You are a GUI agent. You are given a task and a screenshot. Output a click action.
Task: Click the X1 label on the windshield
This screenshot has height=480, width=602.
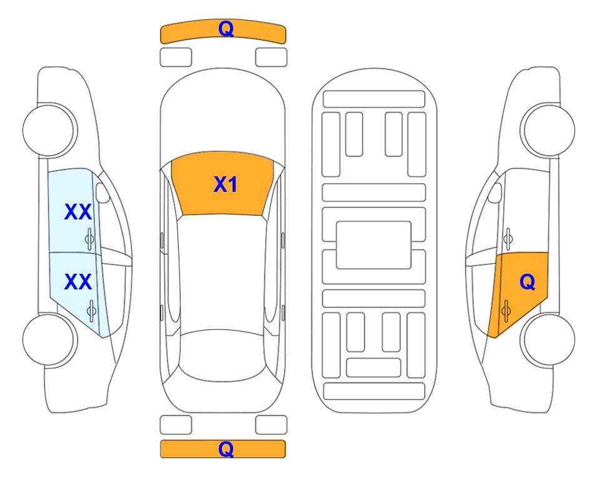coord(226,184)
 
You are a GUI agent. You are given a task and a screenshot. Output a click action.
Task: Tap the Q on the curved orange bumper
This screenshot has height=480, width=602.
coord(226,29)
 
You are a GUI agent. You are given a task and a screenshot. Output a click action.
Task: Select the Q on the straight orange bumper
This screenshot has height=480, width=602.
coord(226,449)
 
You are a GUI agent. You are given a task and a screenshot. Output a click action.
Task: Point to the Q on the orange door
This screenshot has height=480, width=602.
coord(527,282)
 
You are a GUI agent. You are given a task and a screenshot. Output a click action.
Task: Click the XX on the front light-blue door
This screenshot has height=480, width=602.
coord(78,212)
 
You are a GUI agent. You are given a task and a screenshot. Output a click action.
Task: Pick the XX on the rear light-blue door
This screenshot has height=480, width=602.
coord(78,282)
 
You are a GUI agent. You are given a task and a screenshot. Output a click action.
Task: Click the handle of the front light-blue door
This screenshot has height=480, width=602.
coord(90,239)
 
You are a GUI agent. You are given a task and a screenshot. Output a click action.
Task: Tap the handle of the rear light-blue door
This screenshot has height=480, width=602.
coord(91,311)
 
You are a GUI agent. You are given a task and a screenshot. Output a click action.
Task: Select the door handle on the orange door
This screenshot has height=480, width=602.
coord(506,311)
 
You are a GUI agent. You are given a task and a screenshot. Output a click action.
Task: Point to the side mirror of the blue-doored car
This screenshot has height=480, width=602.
coord(102,192)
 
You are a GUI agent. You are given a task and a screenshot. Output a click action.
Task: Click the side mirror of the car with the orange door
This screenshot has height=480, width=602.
coord(495,192)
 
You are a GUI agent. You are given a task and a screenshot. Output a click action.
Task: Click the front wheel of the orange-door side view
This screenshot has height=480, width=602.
coord(548,131)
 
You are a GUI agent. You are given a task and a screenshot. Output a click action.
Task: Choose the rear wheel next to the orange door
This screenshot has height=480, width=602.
coord(548,340)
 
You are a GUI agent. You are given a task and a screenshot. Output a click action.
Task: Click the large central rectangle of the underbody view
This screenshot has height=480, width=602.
coord(374,245)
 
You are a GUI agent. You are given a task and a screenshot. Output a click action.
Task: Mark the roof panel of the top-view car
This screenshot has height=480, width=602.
coord(222,273)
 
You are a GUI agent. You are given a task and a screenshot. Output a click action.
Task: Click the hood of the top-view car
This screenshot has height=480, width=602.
coord(223,115)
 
